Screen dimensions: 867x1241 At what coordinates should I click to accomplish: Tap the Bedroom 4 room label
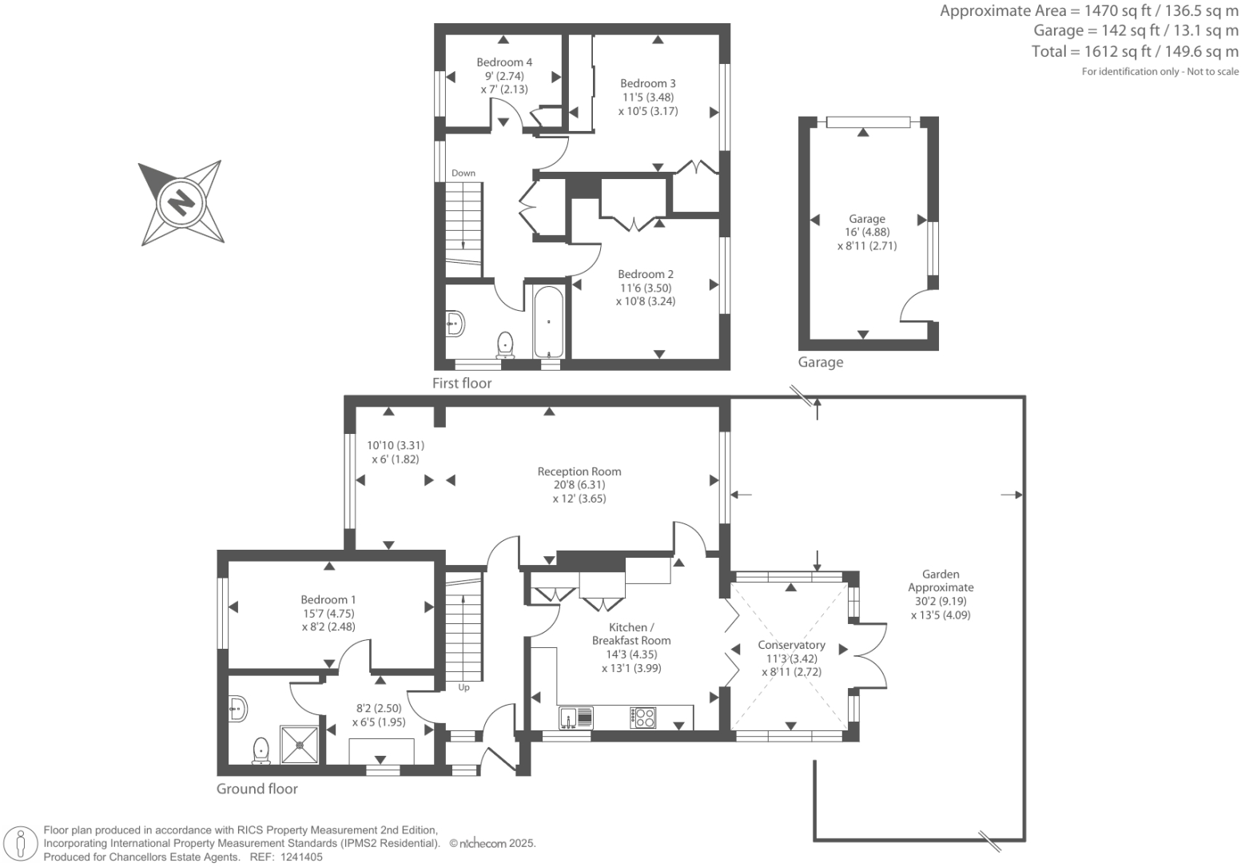tap(504, 62)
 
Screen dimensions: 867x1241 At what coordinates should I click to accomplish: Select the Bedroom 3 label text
tap(647, 83)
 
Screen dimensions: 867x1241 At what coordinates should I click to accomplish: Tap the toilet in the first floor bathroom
tap(505, 344)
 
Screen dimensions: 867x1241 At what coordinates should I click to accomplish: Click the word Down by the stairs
tap(463, 173)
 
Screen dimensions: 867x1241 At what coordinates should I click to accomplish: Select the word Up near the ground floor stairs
tap(463, 687)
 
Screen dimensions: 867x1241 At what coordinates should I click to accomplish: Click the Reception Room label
tap(579, 471)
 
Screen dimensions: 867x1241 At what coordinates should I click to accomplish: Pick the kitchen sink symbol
tap(575, 717)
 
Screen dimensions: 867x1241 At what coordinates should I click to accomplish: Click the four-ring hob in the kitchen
tap(642, 717)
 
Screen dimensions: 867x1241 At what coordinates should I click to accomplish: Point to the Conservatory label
tap(791, 645)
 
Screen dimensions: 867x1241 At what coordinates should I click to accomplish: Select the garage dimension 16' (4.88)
tap(867, 233)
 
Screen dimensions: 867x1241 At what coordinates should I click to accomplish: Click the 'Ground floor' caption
tap(257, 789)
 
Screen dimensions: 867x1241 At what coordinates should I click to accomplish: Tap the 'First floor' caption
tap(462, 383)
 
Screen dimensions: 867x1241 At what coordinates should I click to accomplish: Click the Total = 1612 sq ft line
tap(1135, 51)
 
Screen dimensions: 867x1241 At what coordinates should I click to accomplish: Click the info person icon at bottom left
tap(22, 844)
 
